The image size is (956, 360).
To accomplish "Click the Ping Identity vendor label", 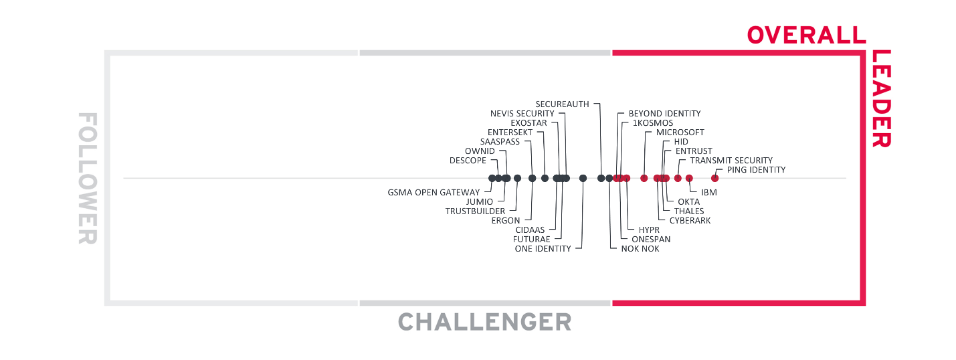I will pos(756,170).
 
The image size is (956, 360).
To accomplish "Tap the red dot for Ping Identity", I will pos(714,178).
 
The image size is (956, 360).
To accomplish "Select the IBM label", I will pos(709,192).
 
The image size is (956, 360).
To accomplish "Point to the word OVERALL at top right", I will pos(806,35).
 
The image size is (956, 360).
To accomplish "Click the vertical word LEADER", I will pos(881,98).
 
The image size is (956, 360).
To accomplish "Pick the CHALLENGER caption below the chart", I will pos(485,322).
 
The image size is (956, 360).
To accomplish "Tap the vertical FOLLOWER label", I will pos(88,178).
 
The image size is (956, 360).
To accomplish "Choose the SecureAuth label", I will pos(563,104).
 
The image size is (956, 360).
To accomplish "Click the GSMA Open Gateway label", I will pos(434,193).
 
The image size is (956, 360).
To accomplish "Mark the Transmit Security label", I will pos(731,161).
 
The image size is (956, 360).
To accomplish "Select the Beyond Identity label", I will pos(664,114).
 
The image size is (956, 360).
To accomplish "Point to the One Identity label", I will pos(543,249).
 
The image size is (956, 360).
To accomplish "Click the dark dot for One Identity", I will pos(583,178).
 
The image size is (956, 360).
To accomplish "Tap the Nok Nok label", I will pos(640,249).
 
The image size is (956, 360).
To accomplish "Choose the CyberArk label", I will pos(690,221).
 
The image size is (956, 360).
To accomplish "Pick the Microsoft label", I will pos(680,132).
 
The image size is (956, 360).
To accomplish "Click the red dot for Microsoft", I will pos(644,178).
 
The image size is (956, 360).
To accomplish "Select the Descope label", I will pos(468,161).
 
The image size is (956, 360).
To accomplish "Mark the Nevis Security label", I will pos(522,114).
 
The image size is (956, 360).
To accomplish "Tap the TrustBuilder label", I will pos(475,211).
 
